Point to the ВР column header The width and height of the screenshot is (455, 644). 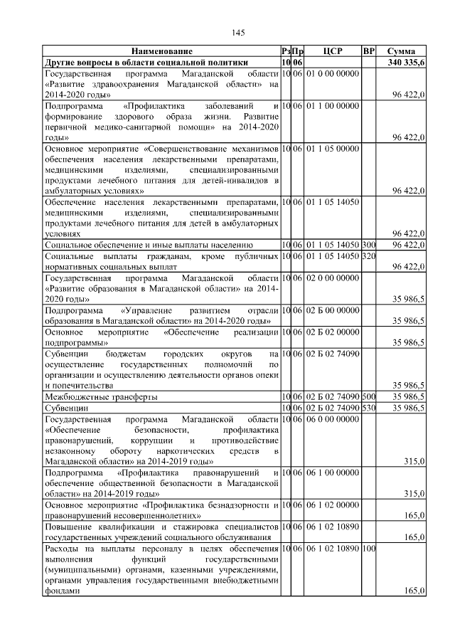[368, 52]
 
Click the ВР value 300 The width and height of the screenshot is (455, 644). [368, 245]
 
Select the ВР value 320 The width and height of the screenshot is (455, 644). [368, 255]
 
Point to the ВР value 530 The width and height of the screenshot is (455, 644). [368, 408]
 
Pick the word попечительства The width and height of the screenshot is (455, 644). [75, 385]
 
